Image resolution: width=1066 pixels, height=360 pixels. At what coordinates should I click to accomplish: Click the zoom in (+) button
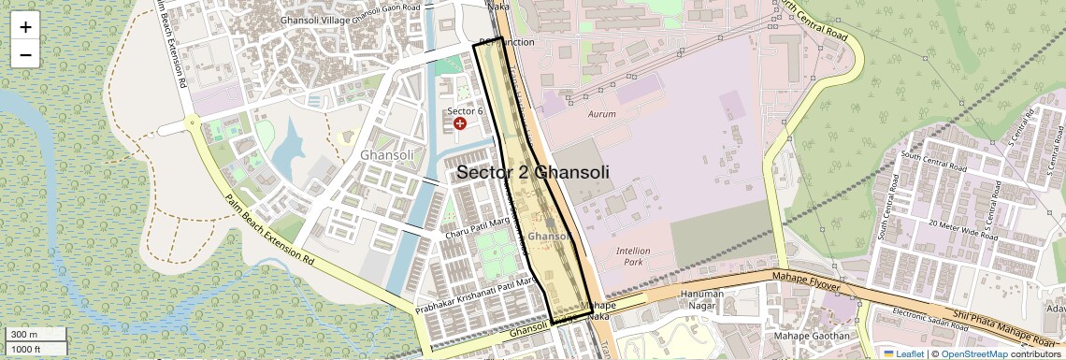[x=25, y=27]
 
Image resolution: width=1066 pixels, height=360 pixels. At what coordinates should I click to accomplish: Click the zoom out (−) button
[x=25, y=55]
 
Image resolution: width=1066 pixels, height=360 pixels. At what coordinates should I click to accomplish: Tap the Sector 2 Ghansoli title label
[x=533, y=173]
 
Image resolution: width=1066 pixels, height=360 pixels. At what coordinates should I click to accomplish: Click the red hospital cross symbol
[x=459, y=124]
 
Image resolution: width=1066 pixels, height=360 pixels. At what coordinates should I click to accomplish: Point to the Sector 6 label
[x=464, y=111]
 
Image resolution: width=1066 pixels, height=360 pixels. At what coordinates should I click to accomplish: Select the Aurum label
[x=602, y=114]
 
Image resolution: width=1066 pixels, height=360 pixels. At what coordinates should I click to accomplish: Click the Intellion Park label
[x=633, y=256]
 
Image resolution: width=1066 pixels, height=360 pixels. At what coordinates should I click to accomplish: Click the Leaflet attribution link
[x=903, y=353]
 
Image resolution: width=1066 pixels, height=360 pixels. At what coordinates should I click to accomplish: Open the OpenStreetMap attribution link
[x=973, y=353]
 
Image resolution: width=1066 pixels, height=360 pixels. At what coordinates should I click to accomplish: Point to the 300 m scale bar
[x=35, y=335]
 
